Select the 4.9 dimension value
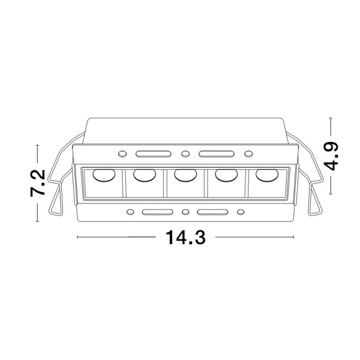(332, 156)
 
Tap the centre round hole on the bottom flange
(185, 212)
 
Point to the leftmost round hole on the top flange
(122, 153)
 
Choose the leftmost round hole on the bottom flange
(130, 212)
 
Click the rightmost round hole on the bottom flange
(240, 212)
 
